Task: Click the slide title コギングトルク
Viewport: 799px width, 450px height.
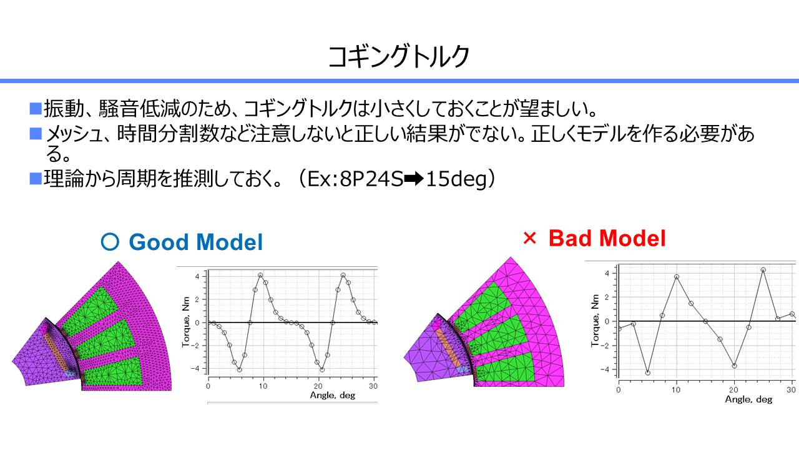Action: (399, 56)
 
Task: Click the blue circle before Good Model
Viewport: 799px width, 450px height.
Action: (110, 242)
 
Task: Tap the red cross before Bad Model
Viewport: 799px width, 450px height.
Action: (529, 238)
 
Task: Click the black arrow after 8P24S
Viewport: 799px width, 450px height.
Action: (414, 179)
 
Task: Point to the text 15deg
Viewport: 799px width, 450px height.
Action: (456, 179)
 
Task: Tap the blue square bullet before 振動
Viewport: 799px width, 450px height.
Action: (36, 109)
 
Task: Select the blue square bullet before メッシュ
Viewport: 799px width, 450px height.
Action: (36, 134)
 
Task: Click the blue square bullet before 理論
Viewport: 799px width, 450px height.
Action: (36, 179)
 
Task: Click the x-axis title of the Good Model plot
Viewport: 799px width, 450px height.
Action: (333, 396)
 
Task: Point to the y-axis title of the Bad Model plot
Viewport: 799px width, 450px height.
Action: (595, 321)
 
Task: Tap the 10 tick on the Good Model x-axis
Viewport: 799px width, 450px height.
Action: (263, 386)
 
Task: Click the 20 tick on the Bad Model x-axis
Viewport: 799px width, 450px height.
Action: (733, 389)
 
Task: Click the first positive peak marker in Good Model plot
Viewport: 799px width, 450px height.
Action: (260, 276)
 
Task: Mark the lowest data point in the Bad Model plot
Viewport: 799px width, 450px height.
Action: (648, 373)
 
